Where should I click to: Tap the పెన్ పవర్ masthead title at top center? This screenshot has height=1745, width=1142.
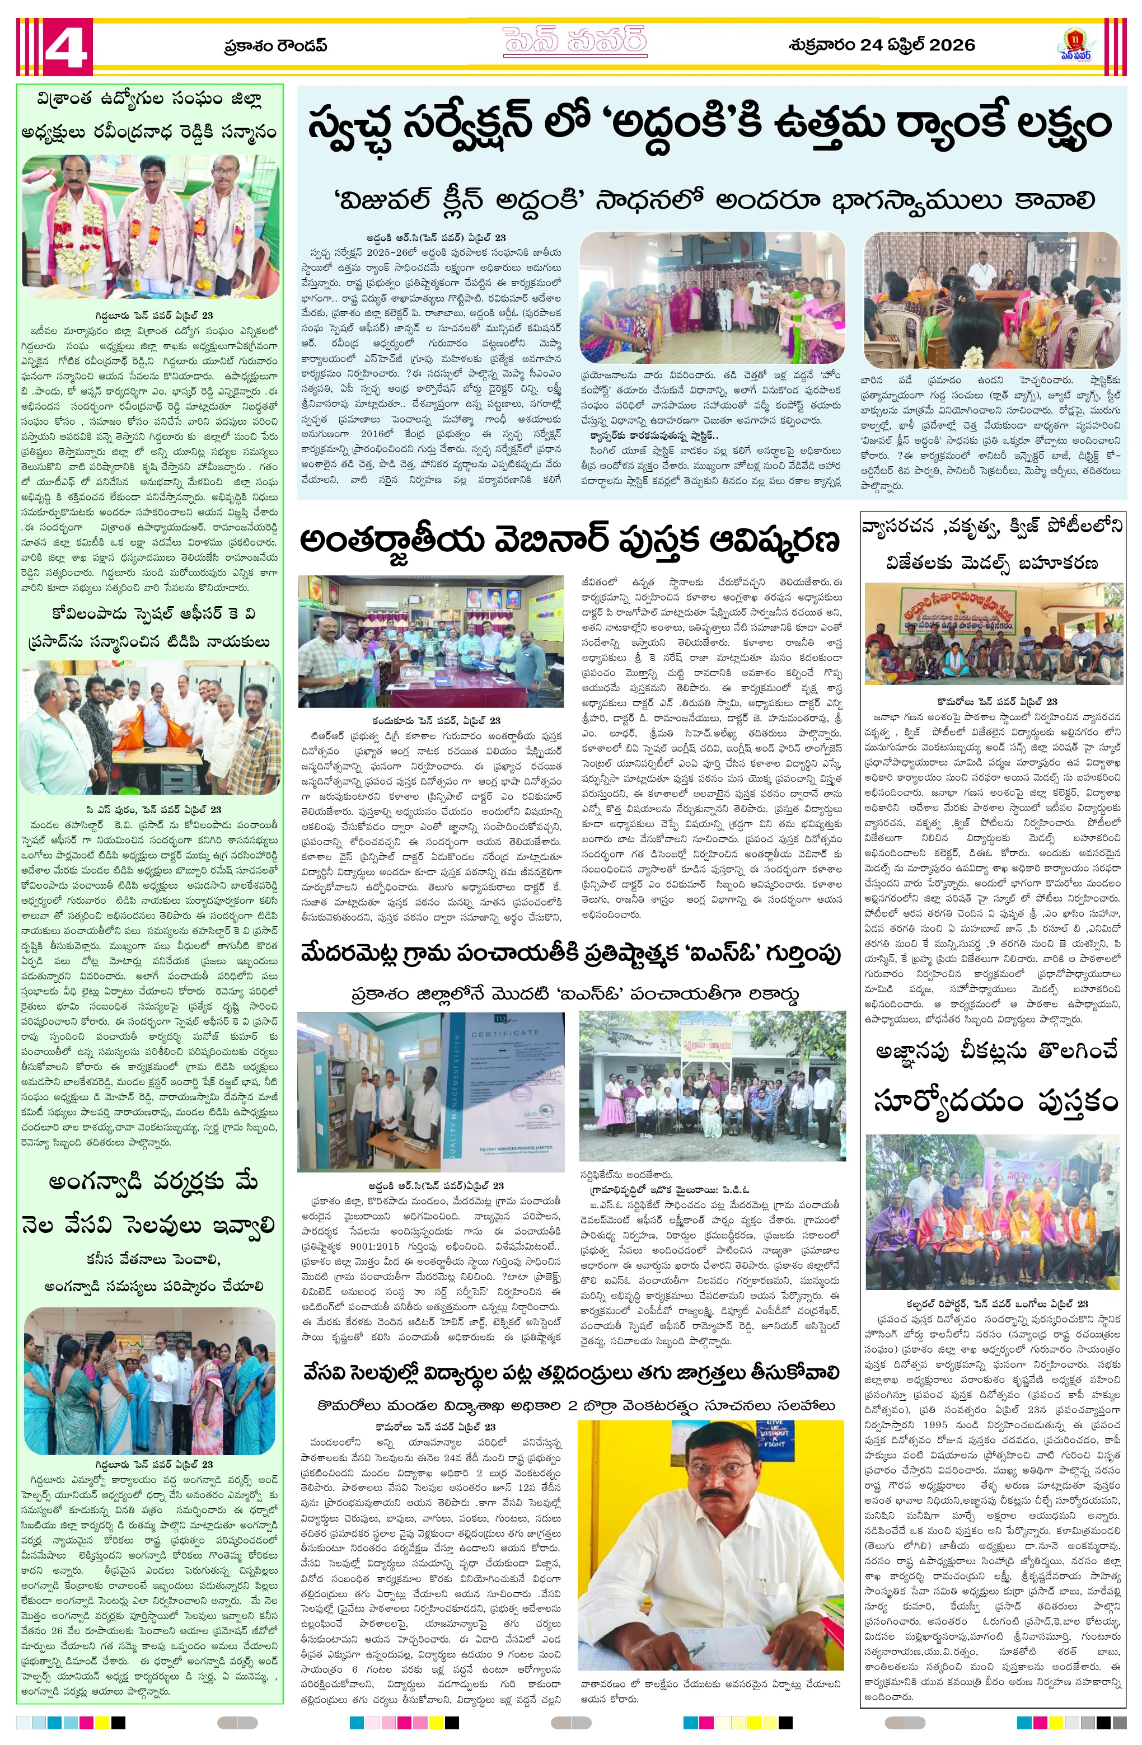pyautogui.click(x=574, y=43)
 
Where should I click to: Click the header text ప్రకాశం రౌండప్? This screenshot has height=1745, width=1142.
pyautogui.click(x=275, y=46)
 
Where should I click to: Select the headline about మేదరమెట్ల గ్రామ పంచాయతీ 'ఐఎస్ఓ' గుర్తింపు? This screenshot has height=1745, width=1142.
pyautogui.click(x=570, y=954)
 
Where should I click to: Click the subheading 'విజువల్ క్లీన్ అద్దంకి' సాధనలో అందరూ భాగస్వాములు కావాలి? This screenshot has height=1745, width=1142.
pyautogui.click(x=714, y=200)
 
